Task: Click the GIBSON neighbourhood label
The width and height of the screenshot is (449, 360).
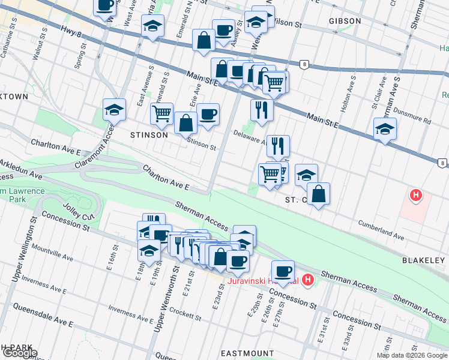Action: [x=345, y=21]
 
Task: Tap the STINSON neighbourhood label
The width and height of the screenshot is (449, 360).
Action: [x=149, y=135]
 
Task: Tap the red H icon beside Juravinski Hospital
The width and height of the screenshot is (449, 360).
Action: [x=308, y=280]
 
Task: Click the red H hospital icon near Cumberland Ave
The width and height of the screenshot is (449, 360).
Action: [x=415, y=195]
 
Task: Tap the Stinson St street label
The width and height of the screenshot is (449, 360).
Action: [x=201, y=144]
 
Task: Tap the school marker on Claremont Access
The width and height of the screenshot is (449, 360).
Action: [x=114, y=110]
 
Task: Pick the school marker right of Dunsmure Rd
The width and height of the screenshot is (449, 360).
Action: [x=385, y=128]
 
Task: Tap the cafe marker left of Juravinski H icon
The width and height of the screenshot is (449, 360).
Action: [x=283, y=271]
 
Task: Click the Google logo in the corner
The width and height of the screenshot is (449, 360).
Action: [x=19, y=353]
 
